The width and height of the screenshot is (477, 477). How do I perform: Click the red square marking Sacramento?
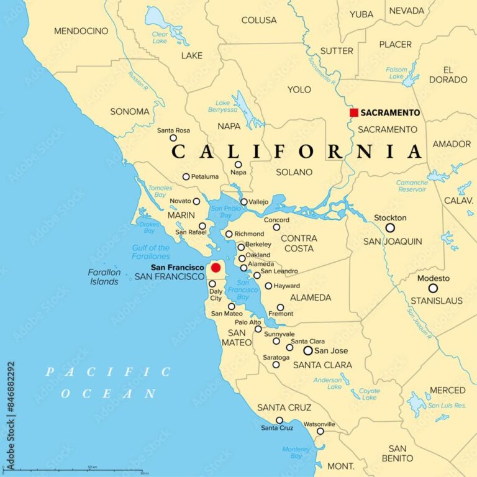tap(354, 112)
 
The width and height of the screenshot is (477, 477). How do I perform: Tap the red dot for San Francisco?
tap(216, 268)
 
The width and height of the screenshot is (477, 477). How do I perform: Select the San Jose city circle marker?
tap(308, 350)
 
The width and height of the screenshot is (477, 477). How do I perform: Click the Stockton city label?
tap(390, 218)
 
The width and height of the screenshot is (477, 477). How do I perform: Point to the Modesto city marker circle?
tap(433, 288)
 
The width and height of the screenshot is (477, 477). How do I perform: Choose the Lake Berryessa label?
tap(226, 106)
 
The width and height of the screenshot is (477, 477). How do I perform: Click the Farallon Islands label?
tap(104, 277)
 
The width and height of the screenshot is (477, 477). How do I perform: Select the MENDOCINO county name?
tap(81, 30)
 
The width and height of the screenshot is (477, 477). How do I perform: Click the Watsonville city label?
tap(319, 424)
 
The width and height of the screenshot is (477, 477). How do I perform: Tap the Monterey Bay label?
tap(296, 453)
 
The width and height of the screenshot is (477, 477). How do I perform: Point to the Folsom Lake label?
tap(397, 73)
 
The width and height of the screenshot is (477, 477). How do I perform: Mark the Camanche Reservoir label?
tap(412, 186)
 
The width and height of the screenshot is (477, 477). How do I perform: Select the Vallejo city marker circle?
tap(244, 201)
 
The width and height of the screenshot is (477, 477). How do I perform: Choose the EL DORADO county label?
tap(457, 75)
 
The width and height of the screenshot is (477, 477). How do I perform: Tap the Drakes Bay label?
tap(148, 227)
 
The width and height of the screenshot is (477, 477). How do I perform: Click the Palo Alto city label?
tap(247, 322)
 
